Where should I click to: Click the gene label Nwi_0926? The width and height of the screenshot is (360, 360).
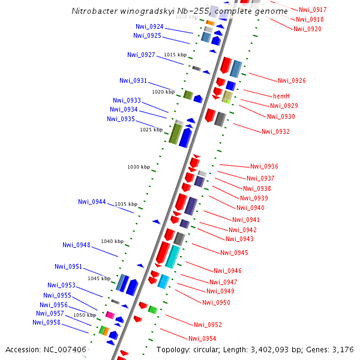292,80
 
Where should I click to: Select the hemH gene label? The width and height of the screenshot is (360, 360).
281,96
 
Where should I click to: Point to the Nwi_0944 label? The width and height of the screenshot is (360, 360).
92,202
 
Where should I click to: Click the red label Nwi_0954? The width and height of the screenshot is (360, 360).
202,338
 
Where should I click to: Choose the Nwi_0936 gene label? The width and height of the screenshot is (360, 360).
264,166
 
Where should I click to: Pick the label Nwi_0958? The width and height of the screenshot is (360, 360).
46,322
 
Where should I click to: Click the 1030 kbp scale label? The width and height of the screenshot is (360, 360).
139,167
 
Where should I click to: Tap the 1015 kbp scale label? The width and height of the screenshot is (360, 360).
175,55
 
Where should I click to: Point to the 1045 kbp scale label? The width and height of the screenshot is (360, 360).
99,278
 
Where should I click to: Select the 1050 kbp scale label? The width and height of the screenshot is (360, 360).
85,315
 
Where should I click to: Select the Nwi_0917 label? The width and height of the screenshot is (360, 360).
313,10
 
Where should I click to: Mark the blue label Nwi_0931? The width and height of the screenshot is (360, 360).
133,80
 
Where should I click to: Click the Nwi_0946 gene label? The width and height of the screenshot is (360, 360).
227,271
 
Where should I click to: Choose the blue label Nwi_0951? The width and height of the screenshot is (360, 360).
68,266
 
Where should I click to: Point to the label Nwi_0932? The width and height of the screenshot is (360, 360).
275,131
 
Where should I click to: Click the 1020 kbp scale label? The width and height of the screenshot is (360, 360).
163,92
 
